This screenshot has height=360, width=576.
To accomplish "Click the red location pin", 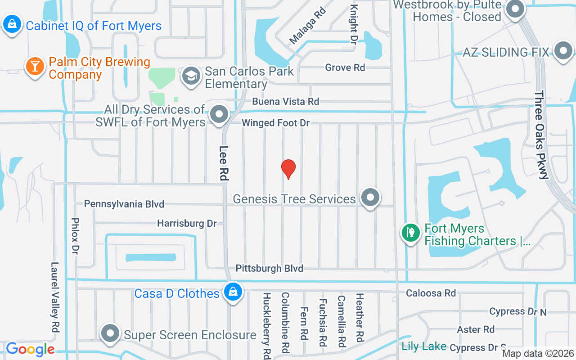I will [x=288, y=168].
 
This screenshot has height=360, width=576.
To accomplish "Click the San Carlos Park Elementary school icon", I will [x=191, y=76].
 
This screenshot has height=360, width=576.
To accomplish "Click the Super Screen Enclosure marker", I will [x=110, y=334].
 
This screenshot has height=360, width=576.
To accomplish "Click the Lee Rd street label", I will [x=224, y=163].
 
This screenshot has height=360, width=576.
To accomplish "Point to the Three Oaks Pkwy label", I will [x=541, y=135].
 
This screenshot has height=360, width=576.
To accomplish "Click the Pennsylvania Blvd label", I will [x=124, y=204].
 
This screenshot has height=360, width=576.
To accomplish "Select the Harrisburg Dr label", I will [x=187, y=223].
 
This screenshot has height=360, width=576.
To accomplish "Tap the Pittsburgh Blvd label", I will [x=270, y=269].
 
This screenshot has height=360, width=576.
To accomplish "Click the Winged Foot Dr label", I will [x=275, y=123].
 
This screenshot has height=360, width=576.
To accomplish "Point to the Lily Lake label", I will [x=424, y=346].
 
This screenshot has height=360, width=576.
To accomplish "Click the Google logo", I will [x=30, y=349].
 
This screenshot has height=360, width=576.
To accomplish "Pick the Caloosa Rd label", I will [x=431, y=293].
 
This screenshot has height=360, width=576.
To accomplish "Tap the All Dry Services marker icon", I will [x=220, y=114].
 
